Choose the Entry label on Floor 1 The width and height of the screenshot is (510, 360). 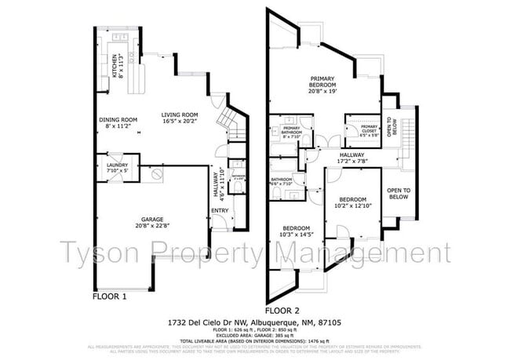coord(220,210)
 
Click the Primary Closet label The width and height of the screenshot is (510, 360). coord(370,129)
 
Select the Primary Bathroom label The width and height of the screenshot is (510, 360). coord(292,132)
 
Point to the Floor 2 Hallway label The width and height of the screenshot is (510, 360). coord(352,159)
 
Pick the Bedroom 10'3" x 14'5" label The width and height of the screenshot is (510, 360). coord(298,231)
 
